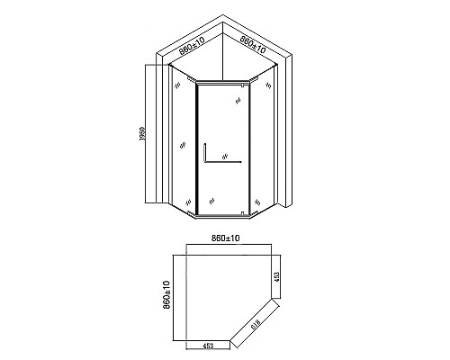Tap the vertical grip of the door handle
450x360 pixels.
pos(206,155)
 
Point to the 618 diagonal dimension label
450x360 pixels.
pos(257,320)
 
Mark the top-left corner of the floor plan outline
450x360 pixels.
pos(181,249)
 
